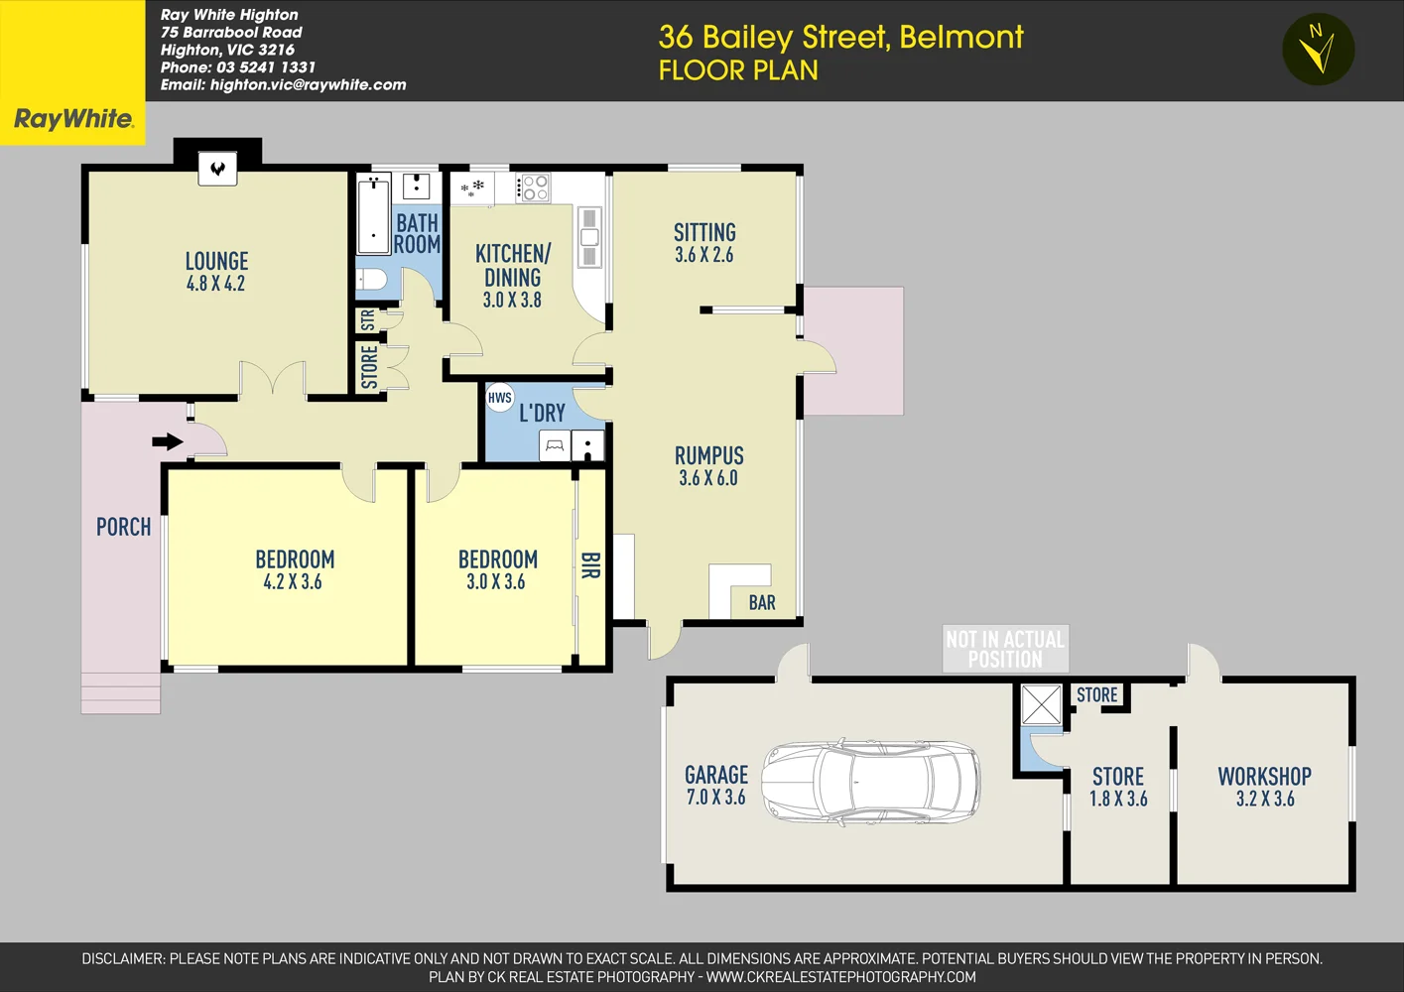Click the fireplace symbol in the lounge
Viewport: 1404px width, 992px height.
(217, 168)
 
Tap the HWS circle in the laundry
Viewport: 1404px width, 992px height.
(500, 398)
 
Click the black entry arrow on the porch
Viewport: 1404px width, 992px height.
(168, 441)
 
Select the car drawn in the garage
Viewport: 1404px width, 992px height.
(870, 783)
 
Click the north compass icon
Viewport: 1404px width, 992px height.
(1318, 50)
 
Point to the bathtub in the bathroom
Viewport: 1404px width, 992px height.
(373, 215)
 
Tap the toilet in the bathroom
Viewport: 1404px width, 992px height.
(372, 279)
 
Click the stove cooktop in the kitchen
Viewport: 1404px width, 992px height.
(534, 187)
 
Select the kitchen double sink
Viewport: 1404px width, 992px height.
(589, 237)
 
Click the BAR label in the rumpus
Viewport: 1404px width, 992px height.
(762, 602)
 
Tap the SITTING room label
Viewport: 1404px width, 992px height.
(704, 232)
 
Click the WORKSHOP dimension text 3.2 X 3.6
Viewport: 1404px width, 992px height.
(1265, 799)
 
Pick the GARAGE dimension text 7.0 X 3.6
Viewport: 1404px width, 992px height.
(715, 797)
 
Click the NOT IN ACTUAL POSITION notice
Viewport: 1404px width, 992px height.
(1005, 649)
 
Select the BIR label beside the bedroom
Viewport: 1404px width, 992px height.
(590, 566)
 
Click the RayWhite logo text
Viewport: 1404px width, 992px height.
(72, 119)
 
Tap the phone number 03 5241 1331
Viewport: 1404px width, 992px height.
(266, 67)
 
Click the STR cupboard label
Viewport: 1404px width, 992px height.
(368, 320)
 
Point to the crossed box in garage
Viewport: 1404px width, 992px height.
(1042, 704)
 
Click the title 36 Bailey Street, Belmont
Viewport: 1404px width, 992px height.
(840, 37)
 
